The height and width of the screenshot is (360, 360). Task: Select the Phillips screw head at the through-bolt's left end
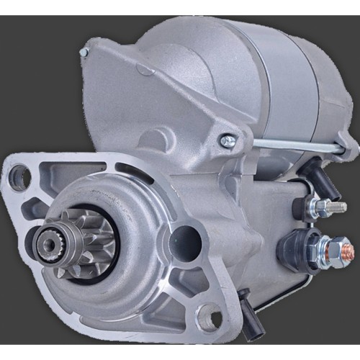coord(228,141)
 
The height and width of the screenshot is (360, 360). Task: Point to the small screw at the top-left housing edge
coord(84,52)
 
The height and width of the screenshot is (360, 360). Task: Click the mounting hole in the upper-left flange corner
coord(19,176)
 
